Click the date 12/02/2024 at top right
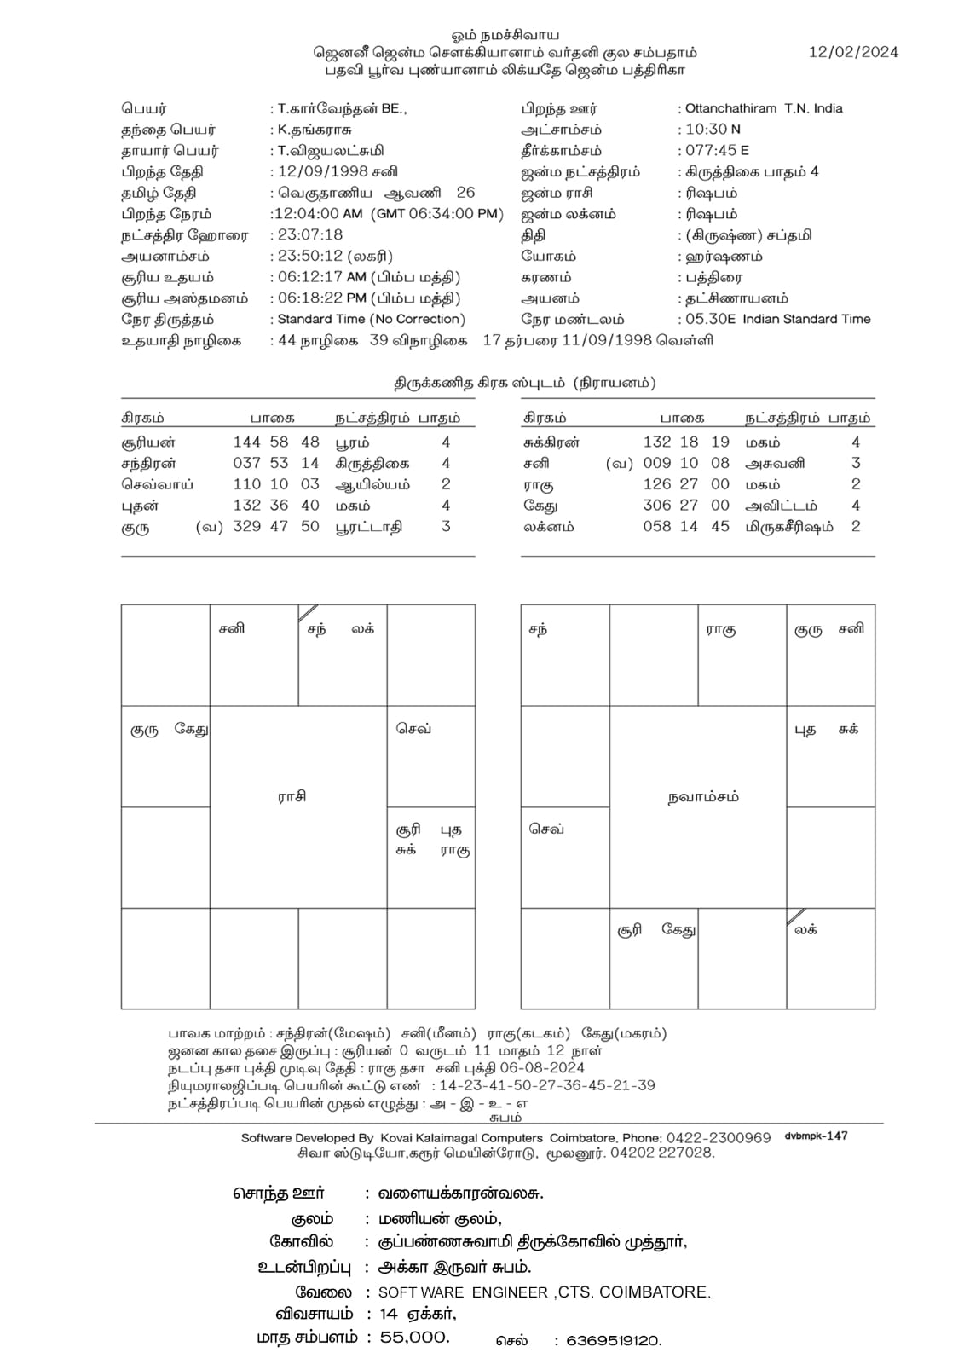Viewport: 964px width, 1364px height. (853, 52)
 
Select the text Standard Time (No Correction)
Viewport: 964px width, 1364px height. (372, 319)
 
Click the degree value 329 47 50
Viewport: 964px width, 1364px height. (276, 526)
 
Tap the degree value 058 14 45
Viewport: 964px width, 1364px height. (686, 526)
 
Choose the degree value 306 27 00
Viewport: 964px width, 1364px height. (686, 506)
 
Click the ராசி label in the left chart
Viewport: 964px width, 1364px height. (292, 797)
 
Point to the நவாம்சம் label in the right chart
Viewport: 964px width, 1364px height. (703, 797)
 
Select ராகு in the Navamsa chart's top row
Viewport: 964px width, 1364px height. (720, 630)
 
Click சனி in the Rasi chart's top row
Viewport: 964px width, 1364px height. (231, 629)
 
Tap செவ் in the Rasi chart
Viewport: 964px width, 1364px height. (413, 729)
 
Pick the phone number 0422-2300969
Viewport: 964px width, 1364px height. (719, 1137)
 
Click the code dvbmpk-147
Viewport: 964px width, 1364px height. (816, 1136)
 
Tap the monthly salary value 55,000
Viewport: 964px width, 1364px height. (415, 1338)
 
